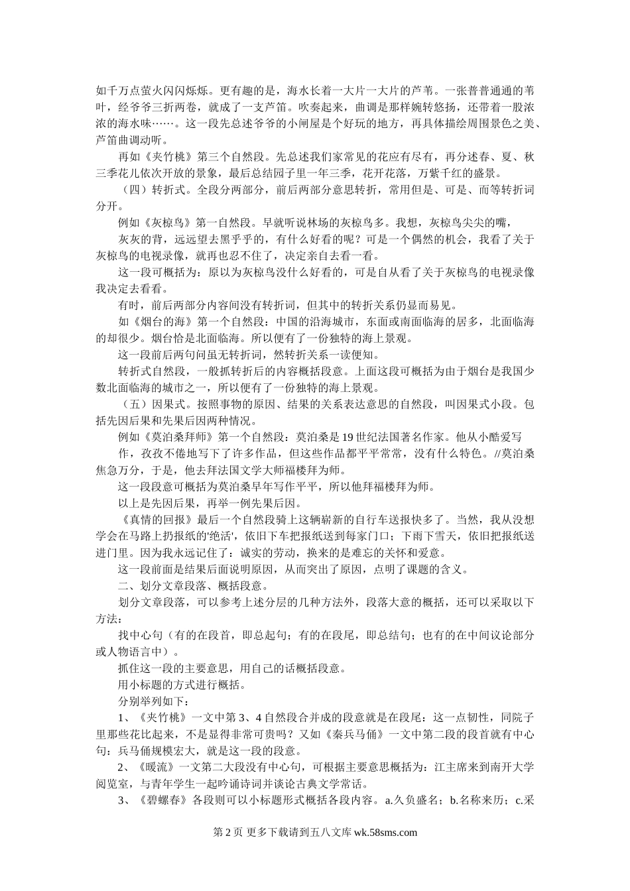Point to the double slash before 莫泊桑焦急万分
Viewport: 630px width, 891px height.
click(x=499, y=453)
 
